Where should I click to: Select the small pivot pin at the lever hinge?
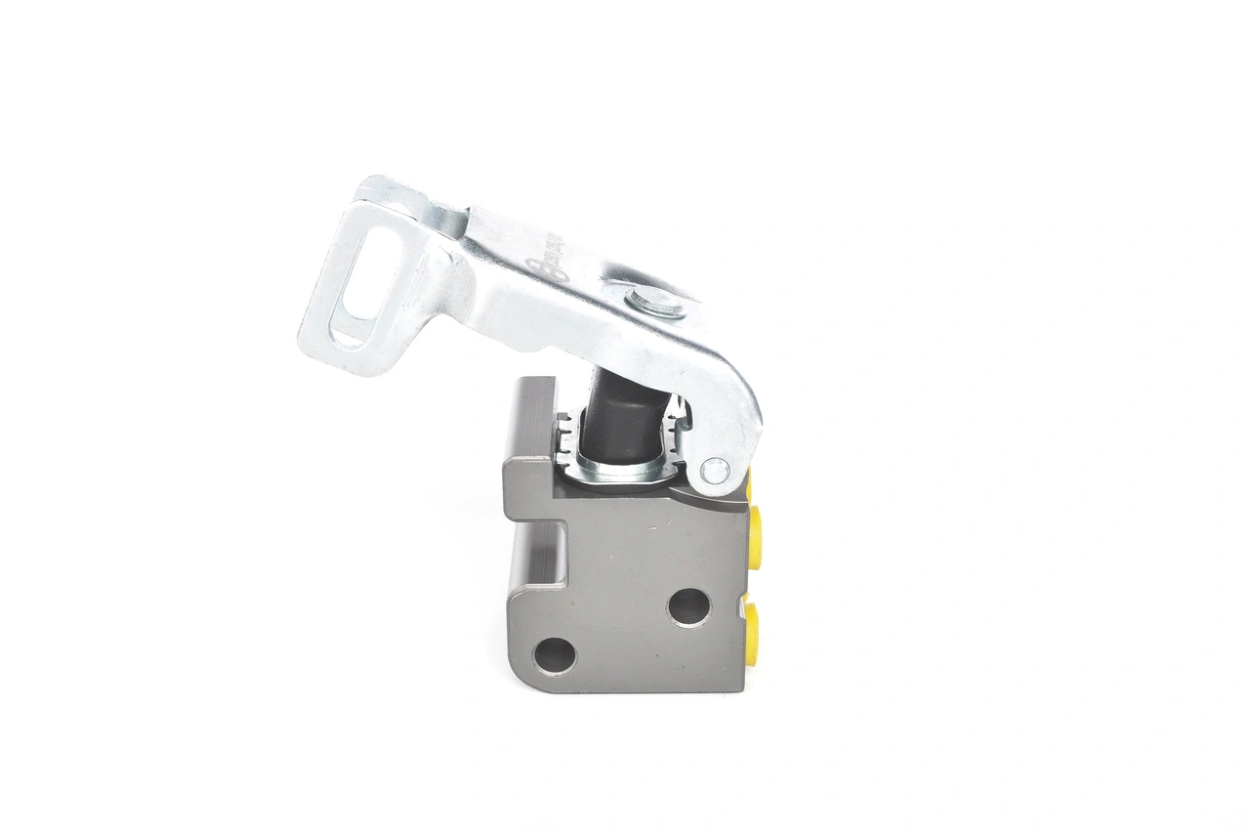point(714,471)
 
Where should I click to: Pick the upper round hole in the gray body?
point(688,606)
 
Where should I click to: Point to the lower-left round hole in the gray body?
point(555,655)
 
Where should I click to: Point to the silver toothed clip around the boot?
point(625,469)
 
